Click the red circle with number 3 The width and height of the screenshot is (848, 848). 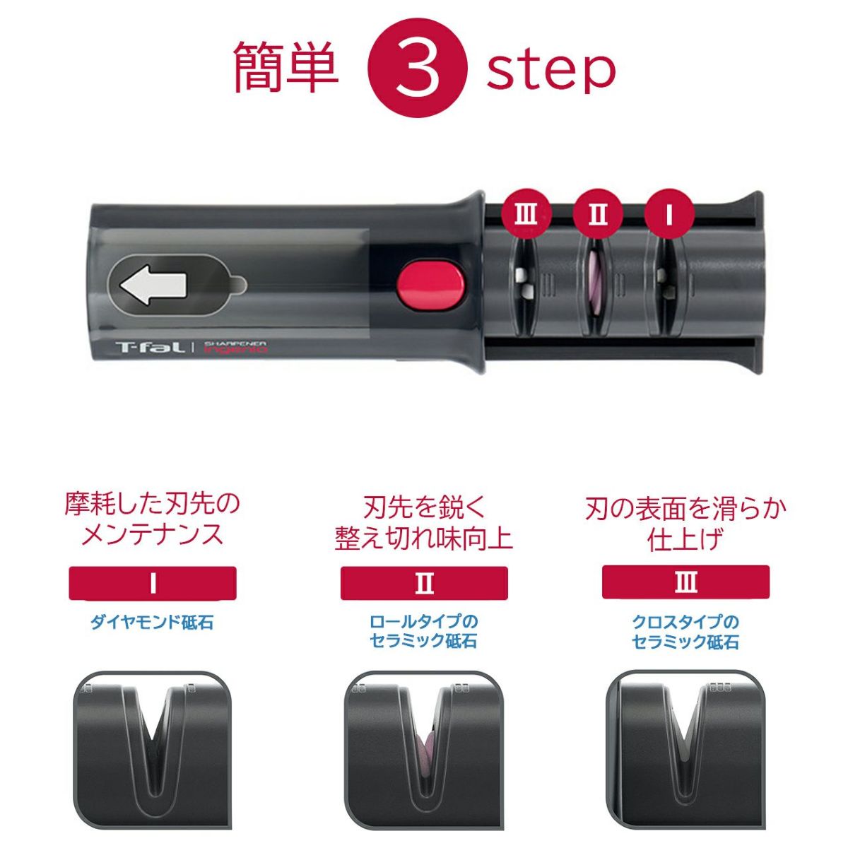[x=418, y=69]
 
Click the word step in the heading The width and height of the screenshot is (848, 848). [x=550, y=69]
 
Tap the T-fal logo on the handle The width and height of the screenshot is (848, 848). [x=150, y=347]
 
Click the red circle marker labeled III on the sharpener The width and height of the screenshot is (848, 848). [x=525, y=213]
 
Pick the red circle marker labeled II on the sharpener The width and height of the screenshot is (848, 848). [x=597, y=213]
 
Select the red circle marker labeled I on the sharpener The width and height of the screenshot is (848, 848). [x=669, y=213]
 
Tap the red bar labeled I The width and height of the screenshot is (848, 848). [x=153, y=584]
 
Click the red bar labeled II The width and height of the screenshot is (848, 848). [x=423, y=584]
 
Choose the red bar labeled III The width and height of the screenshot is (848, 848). [x=685, y=584]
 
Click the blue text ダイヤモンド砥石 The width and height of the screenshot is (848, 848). [x=152, y=623]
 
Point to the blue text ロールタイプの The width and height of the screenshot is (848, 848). [x=423, y=622]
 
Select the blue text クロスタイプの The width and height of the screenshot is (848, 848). [x=685, y=622]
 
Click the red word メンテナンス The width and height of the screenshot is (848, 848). [x=152, y=535]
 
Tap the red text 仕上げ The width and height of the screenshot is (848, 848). [x=685, y=540]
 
